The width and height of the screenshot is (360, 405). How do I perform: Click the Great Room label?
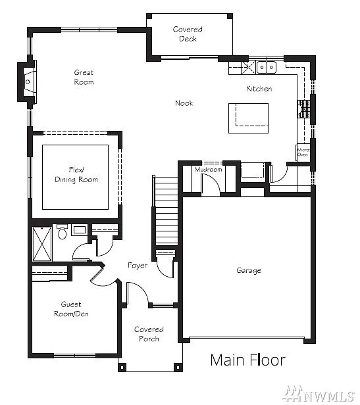(84, 77)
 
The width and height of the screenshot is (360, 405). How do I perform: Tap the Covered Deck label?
(188, 34)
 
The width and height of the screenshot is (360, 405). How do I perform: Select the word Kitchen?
(259, 89)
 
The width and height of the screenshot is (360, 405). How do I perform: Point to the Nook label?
(184, 103)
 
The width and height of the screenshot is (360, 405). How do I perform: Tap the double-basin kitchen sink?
(266, 66)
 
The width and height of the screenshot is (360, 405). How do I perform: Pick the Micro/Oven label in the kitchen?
(303, 152)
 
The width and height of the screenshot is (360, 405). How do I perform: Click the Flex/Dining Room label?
(75, 175)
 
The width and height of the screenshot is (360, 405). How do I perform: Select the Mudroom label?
(209, 170)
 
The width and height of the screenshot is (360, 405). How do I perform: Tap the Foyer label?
(138, 265)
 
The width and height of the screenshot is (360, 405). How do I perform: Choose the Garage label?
(249, 270)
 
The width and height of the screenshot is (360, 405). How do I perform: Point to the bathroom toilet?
(62, 233)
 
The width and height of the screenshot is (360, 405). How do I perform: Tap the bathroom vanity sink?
(79, 230)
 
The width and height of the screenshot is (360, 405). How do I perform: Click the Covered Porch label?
(149, 334)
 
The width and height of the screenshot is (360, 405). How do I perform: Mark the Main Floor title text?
(247, 360)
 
